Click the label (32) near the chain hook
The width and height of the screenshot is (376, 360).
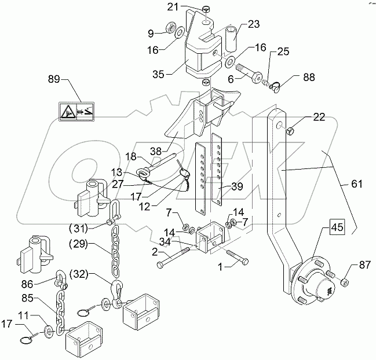click(x=82, y=272)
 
